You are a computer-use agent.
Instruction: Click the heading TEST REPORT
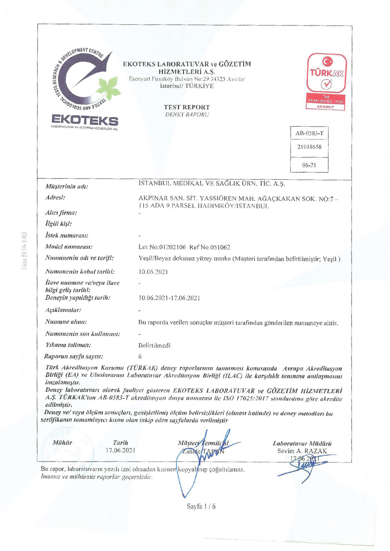187,107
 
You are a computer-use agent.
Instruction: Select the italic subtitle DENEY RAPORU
187,115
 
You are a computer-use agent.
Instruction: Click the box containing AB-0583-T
309,133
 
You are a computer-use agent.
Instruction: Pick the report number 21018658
309,147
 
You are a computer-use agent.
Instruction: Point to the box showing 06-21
309,165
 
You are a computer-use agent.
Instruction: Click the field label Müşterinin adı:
67,186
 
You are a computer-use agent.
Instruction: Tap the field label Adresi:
55,197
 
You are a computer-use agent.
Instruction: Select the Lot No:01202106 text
162,247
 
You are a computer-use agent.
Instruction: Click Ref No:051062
210,247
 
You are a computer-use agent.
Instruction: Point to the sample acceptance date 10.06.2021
153,272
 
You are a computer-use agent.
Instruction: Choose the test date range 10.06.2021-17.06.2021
169,298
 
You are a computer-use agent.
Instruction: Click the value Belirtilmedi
155,346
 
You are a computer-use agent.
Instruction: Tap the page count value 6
140,357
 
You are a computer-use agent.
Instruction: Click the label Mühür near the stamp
62,443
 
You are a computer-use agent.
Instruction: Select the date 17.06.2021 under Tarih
120,450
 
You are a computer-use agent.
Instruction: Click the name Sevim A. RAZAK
302,451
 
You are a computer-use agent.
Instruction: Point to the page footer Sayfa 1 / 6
201,506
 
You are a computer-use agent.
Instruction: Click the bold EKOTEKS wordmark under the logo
85,121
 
